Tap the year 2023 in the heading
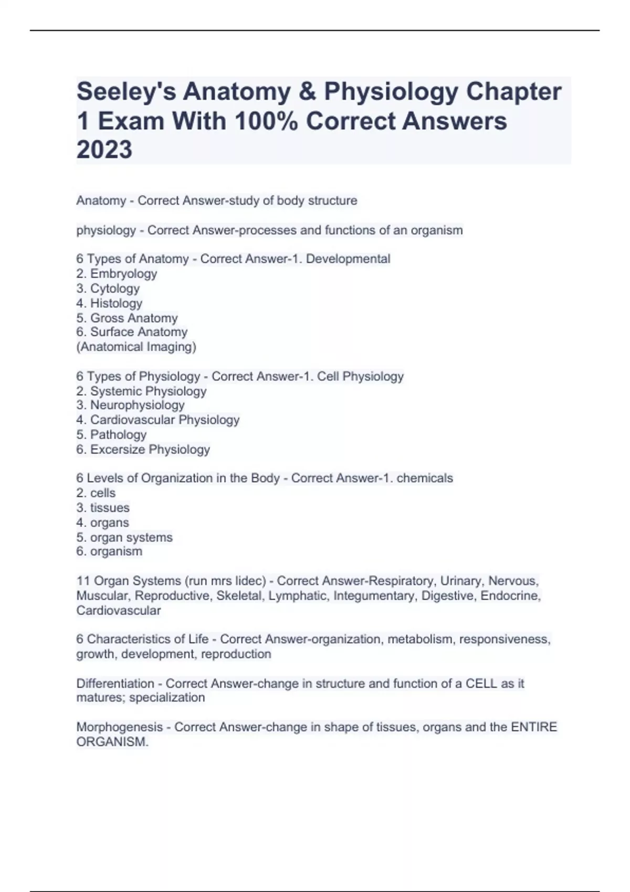point(104,150)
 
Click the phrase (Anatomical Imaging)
point(136,347)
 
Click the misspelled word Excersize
point(118,450)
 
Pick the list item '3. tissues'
point(103,508)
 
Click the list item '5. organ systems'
point(124,537)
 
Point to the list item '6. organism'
point(109,551)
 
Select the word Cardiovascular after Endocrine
point(119,611)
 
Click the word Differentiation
point(115,684)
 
